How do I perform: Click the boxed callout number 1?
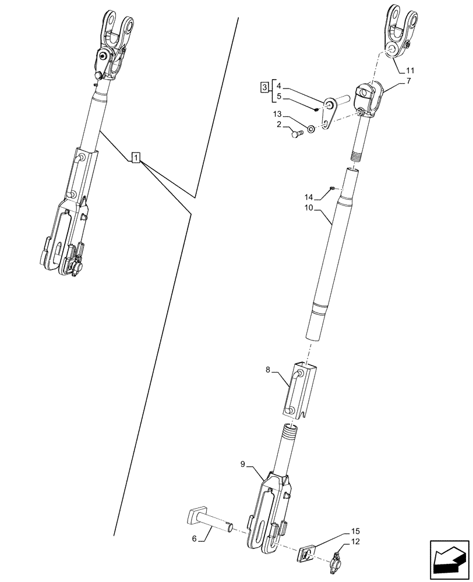click(x=135, y=157)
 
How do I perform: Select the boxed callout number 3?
click(x=264, y=88)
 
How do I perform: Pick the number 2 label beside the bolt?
click(x=280, y=125)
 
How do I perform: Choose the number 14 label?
click(x=309, y=198)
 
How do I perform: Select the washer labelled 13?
click(x=311, y=128)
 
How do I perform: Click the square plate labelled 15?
click(x=308, y=556)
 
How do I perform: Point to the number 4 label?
click(x=279, y=86)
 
